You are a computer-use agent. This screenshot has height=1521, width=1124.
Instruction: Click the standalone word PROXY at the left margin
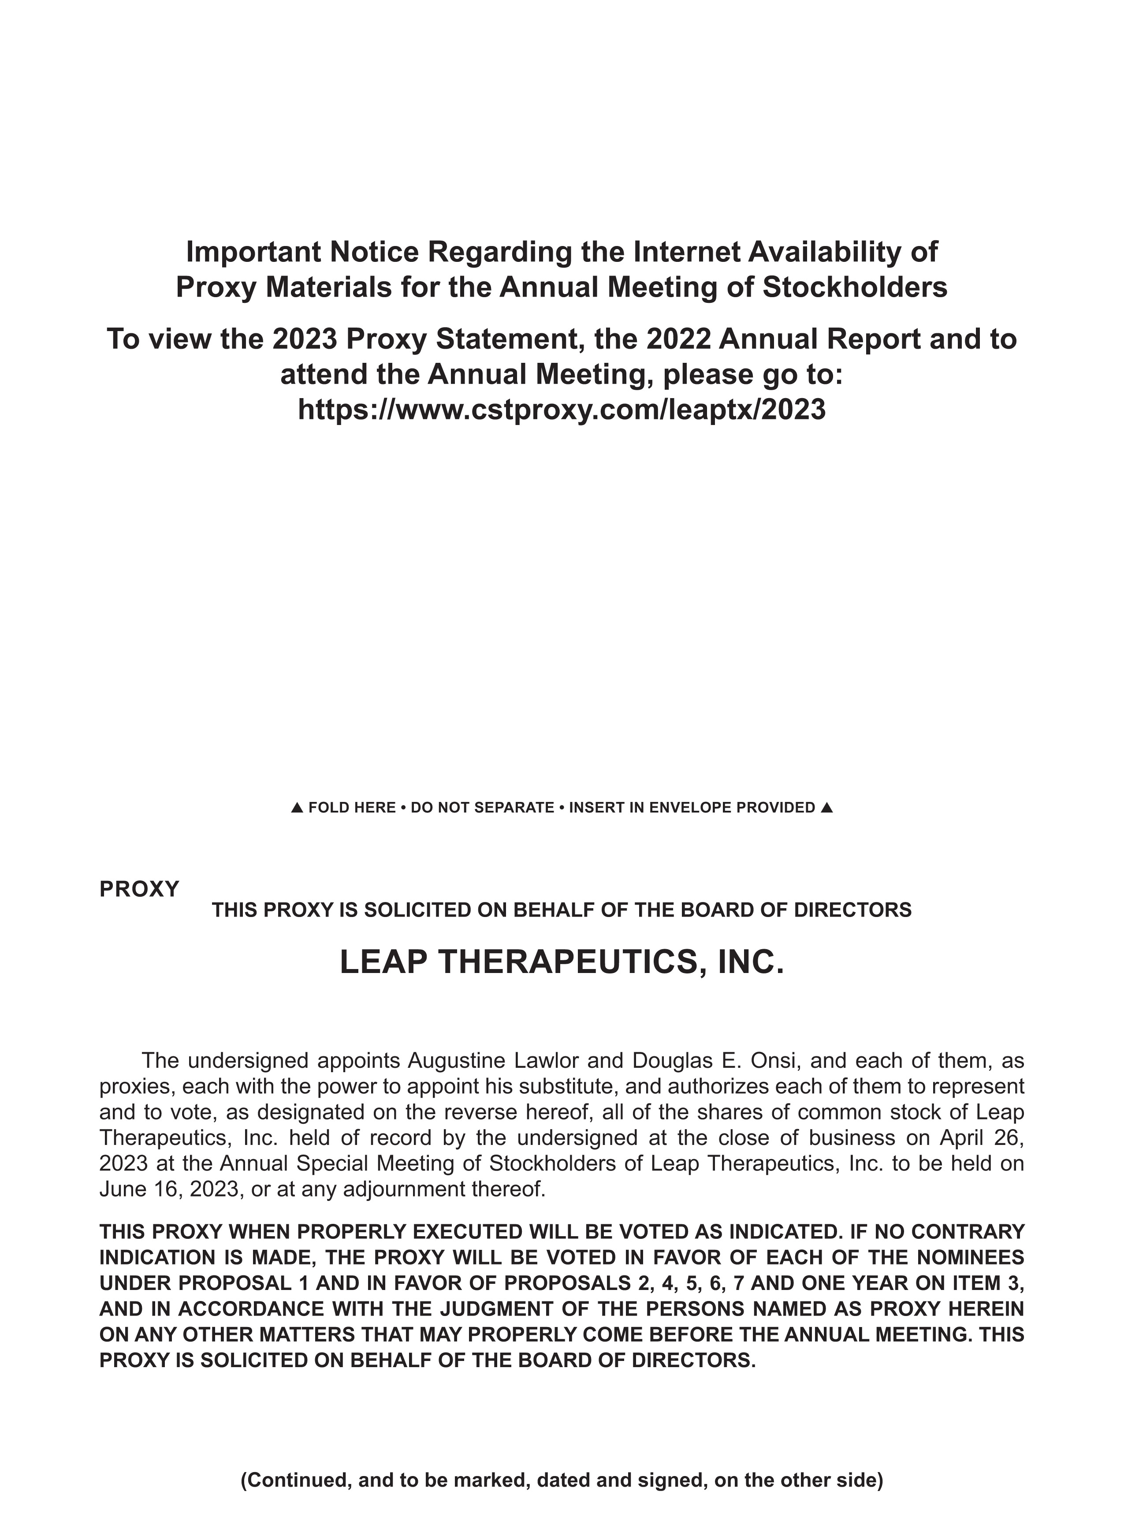[x=139, y=889]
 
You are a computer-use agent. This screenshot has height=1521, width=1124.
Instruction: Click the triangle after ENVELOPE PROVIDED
[x=826, y=808]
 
